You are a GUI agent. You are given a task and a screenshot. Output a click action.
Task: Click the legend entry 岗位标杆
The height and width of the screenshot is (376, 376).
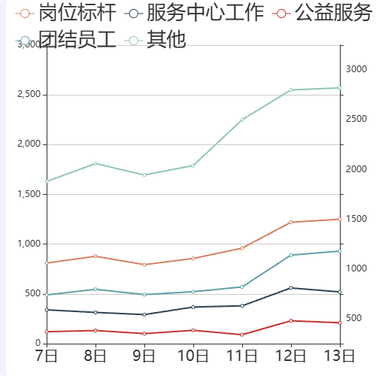(65, 13)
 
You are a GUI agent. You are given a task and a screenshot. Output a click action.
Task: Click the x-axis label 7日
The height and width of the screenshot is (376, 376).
(47, 355)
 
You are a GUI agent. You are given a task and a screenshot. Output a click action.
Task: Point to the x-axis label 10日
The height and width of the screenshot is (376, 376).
(193, 355)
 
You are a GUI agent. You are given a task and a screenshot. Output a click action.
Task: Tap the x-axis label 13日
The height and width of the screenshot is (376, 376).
(340, 355)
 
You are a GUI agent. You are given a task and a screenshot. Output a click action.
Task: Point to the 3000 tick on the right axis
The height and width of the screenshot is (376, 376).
(357, 69)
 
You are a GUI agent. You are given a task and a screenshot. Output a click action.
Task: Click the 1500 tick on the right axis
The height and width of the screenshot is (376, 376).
(357, 219)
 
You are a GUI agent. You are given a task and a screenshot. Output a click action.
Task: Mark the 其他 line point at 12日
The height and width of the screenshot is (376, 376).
(291, 89)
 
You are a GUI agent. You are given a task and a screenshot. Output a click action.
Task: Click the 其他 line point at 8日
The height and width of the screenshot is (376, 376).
(96, 163)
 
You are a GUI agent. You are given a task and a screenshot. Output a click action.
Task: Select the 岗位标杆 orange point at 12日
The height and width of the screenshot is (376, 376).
(291, 222)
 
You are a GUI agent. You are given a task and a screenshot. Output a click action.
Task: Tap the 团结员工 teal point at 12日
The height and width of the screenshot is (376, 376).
(291, 255)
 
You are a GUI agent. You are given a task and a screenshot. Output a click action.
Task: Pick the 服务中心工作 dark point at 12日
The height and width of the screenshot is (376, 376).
(291, 288)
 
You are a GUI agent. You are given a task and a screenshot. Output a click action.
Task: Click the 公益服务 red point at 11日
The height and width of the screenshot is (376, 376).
(242, 335)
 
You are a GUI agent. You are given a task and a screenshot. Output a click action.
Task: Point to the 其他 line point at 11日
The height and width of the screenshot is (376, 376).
(242, 120)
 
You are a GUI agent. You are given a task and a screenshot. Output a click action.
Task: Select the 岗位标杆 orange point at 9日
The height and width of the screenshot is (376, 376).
(144, 265)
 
